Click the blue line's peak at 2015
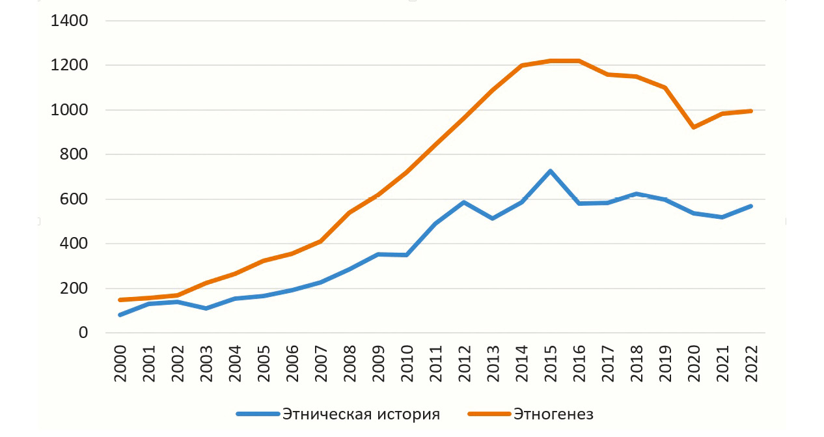(550, 171)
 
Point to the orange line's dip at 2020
(694, 127)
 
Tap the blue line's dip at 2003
(206, 308)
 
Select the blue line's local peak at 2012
(464, 202)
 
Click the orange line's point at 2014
(522, 66)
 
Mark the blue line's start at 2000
(120, 315)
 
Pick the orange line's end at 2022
(751, 111)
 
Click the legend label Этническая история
(361, 414)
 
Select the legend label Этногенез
(553, 414)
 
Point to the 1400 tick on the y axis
(69, 21)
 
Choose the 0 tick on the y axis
(82, 333)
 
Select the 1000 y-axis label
(69, 110)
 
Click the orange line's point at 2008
(350, 212)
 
